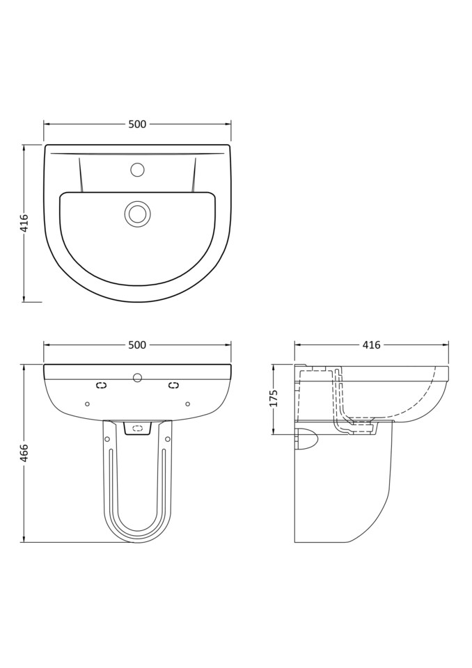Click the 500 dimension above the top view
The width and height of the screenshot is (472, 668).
coord(137,125)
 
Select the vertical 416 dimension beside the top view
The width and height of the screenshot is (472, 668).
coord(24,223)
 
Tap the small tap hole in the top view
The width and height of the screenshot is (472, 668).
coord(137,170)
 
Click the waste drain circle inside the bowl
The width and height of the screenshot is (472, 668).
coord(137,214)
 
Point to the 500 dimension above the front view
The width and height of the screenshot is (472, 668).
coord(137,345)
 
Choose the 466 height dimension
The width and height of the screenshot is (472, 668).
coord(24,452)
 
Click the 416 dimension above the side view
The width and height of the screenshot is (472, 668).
coord(371,345)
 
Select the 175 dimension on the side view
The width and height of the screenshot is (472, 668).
coord(274,398)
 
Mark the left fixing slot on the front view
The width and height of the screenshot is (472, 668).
coord(102,385)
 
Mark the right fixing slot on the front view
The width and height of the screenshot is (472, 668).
coord(173,385)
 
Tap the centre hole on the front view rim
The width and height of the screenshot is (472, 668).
coord(137,378)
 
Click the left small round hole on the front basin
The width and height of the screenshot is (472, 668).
coord(87,404)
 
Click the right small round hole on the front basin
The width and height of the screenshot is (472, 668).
coord(187,404)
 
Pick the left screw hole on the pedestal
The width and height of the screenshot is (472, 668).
coord(107,439)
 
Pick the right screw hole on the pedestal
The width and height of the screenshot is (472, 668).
coord(168,439)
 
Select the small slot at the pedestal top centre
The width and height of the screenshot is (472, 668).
coord(137,428)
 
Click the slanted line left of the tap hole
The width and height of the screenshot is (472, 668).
coord(81,175)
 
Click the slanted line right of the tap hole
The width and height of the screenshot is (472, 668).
coord(194,175)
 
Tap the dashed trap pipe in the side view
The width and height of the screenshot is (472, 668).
coord(340,404)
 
